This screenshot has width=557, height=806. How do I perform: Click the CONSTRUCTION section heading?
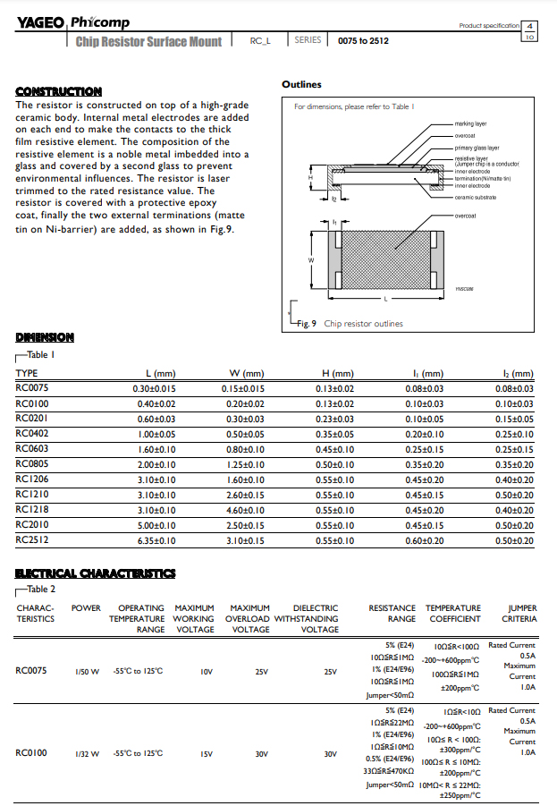pyautogui.click(x=58, y=91)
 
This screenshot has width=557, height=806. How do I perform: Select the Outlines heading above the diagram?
pyautogui.click(x=301, y=85)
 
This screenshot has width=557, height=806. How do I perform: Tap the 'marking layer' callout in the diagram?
pyautogui.click(x=470, y=123)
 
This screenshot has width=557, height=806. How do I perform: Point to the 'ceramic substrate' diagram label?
pyautogui.click(x=475, y=197)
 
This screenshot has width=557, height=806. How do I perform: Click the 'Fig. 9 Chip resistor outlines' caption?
pyautogui.click(x=350, y=324)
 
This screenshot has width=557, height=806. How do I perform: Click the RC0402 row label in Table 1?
pyautogui.click(x=33, y=434)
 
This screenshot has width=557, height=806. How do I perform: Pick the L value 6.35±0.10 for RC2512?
pyautogui.click(x=156, y=541)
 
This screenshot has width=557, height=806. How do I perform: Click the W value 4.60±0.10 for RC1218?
pyautogui.click(x=243, y=510)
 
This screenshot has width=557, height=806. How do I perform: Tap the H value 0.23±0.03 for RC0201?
pyautogui.click(x=335, y=419)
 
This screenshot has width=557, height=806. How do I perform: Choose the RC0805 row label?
pyautogui.click(x=33, y=464)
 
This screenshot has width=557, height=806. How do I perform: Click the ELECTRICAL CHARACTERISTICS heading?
pyautogui.click(x=96, y=573)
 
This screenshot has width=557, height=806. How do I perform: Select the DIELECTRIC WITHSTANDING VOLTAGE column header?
pyautogui.click(x=306, y=618)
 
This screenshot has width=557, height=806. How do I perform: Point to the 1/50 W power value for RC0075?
pyautogui.click(x=86, y=671)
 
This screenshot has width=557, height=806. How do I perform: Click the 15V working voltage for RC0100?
pyautogui.click(x=207, y=753)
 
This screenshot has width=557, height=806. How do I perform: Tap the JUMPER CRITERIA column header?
pyautogui.click(x=519, y=613)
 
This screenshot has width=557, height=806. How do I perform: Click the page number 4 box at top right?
pyautogui.click(x=529, y=26)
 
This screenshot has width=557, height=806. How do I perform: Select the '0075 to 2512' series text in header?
pyautogui.click(x=363, y=41)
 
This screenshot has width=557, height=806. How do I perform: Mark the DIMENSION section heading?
pyautogui.click(x=45, y=337)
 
